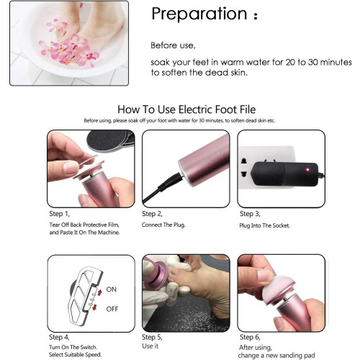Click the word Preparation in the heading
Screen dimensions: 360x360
coord(199,14)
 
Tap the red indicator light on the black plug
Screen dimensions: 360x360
coord(307,170)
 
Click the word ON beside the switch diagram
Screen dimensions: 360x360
coord(112,289)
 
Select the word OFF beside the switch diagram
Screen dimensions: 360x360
coord(112,309)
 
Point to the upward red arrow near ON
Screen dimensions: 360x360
coord(99,292)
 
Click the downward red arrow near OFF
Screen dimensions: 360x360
coord(95,307)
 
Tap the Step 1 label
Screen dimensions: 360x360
coord(59,214)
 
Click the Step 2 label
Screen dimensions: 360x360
coord(152,214)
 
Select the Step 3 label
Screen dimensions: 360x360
coord(250,214)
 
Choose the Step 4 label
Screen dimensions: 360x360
coord(59,337)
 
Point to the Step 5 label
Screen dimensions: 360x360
coord(152,337)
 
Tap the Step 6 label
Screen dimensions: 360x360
coord(250,337)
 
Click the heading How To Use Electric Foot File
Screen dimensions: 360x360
coord(186,109)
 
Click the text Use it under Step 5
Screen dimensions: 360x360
coord(150,346)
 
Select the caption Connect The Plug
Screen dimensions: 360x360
coord(163,225)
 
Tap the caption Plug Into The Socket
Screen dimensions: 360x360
coord(264,225)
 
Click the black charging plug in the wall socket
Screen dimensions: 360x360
coord(286,174)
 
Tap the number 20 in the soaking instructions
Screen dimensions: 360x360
coord(290,63)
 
